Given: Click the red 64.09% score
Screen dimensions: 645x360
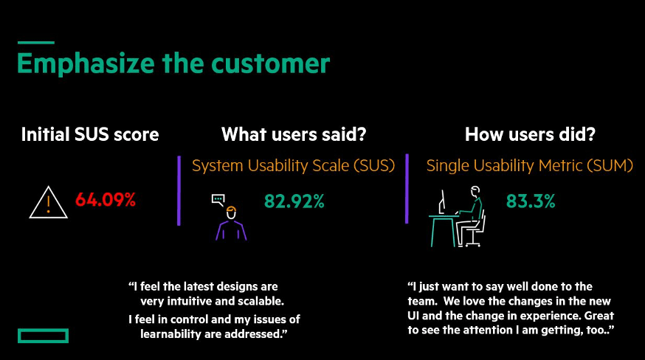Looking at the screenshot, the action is (106, 200).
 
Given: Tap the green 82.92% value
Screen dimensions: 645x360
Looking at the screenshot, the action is (294, 201).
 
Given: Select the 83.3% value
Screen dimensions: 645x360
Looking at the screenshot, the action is (531, 201).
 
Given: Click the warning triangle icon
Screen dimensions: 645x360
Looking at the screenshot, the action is (49, 202).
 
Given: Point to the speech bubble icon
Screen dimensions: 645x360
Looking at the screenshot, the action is (218, 200).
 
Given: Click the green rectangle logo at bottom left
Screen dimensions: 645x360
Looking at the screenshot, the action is (44, 336).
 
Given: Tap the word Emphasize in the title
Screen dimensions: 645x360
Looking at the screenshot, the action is (86, 63).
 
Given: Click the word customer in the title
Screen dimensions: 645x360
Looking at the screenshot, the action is (270, 63).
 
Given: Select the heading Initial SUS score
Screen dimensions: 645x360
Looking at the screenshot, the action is (90, 134).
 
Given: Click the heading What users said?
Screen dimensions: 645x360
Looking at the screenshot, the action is (294, 134).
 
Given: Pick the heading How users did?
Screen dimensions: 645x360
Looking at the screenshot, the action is (530, 134).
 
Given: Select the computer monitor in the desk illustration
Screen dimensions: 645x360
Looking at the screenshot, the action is (442, 202).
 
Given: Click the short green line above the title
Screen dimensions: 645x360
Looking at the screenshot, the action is (36, 42).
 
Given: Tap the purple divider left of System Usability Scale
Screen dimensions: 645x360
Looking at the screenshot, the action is (179, 190).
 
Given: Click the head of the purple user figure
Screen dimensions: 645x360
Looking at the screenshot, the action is (231, 213).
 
